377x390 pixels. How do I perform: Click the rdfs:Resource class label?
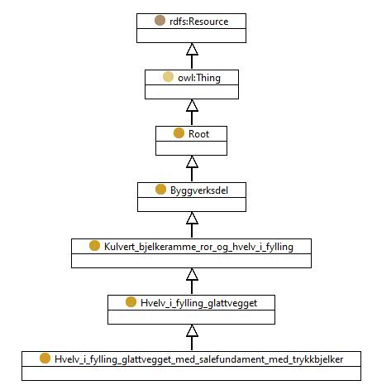coord(199,22)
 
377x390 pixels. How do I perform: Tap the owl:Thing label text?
coord(199,78)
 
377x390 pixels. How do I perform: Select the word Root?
coord(198,134)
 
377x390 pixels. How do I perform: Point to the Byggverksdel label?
coord(199,190)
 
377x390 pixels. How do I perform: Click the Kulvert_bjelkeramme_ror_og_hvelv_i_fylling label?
coord(198,247)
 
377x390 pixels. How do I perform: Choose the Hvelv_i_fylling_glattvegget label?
coord(198,303)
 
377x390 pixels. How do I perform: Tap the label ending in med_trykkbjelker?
coord(198,359)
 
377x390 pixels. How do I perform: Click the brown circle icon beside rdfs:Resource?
coord(160,21)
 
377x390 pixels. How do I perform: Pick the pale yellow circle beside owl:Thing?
coord(168,77)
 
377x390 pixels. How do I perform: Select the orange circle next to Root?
coord(179,133)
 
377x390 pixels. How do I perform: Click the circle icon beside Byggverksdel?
coord(160,190)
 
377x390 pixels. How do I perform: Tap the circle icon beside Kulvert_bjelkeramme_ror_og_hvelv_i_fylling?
coord(94,246)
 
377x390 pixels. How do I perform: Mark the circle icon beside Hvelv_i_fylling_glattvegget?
coord(131,302)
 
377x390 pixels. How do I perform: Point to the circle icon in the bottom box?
coord(45,359)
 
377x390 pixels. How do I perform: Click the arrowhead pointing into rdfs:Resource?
coord(192,49)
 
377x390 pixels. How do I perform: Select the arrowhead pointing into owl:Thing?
coord(192,105)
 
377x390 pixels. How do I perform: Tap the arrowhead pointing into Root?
coord(192,161)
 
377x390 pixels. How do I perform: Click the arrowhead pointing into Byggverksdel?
coord(192,218)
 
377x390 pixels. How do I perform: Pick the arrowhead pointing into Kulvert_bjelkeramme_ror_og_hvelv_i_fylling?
coord(192,274)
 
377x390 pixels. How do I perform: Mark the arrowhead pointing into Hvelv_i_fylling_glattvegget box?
coord(192,330)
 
